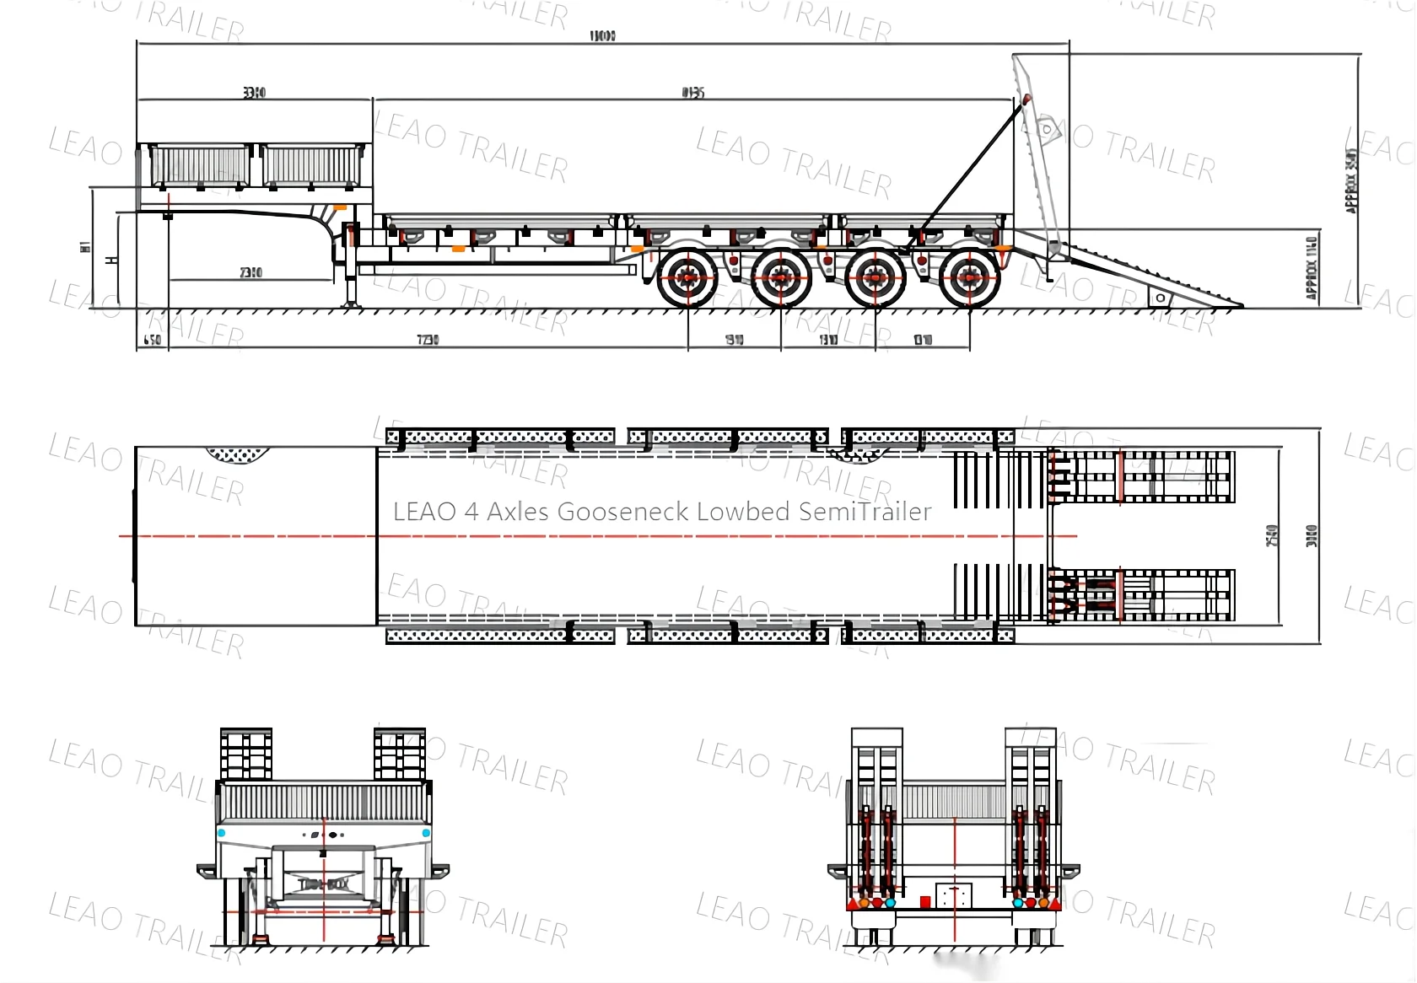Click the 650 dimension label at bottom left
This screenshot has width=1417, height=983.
coord(152,340)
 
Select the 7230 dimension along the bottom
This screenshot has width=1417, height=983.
coord(428,340)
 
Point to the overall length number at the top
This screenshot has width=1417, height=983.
coord(602,36)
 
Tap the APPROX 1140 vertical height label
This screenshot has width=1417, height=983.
coord(1312,268)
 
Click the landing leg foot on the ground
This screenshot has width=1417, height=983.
coord(351,304)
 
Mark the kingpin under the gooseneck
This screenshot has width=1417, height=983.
coord(168,217)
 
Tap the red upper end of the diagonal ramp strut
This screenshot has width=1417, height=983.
coord(1026,99)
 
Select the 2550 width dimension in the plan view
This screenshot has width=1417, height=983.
coord(1273,535)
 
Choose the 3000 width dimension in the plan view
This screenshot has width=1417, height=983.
coord(1312,535)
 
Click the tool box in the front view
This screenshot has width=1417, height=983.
coord(324,884)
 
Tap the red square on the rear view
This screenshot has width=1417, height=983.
coord(925,902)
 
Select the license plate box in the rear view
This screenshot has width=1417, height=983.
coord(954,895)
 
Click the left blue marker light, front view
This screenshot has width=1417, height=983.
coord(222,833)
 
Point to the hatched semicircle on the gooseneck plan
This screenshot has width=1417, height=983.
coord(239,455)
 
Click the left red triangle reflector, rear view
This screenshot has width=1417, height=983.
coord(853,904)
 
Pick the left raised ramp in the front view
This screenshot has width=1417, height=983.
coord(246,754)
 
